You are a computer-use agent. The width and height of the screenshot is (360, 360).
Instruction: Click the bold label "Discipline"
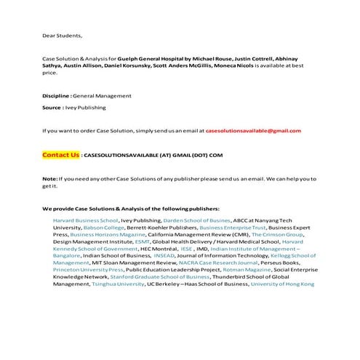[56, 95]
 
